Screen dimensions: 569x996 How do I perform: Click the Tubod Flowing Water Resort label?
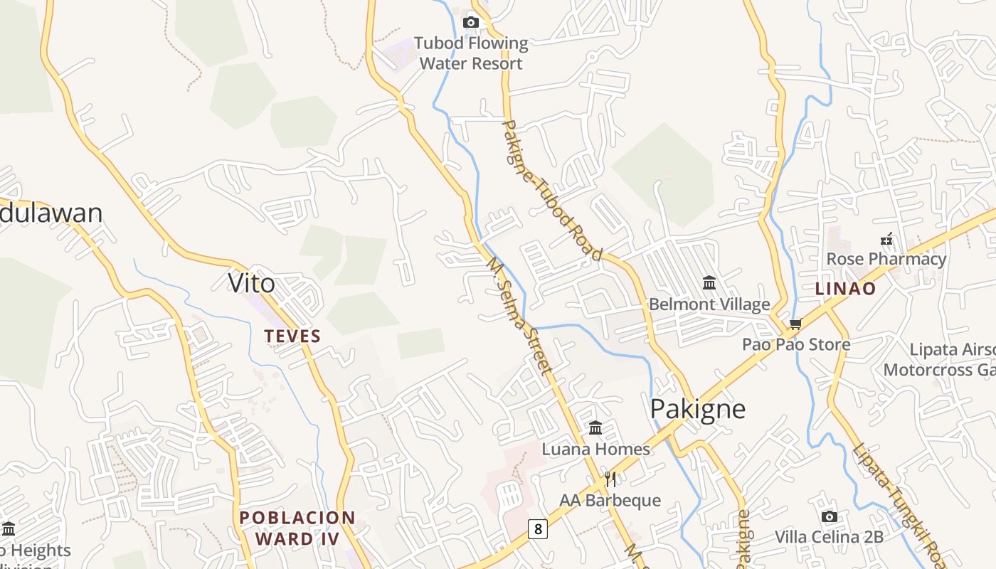(x=471, y=53)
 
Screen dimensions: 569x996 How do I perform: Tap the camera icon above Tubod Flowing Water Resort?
(x=471, y=23)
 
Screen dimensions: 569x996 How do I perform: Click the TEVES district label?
(x=292, y=336)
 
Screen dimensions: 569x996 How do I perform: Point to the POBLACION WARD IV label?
(x=297, y=528)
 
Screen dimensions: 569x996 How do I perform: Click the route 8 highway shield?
(x=538, y=528)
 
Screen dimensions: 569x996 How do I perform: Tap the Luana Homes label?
(x=595, y=449)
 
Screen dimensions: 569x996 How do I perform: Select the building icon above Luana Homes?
(x=595, y=427)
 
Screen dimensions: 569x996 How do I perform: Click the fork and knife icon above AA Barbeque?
(x=610, y=479)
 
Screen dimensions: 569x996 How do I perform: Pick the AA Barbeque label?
(x=610, y=500)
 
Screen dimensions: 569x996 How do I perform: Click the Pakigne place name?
(x=698, y=409)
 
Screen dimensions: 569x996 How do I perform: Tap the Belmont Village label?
(x=709, y=304)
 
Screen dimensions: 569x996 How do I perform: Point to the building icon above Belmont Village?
(x=709, y=283)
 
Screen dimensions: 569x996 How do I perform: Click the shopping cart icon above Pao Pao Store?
(x=795, y=324)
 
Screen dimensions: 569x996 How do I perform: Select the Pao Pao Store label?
(x=796, y=345)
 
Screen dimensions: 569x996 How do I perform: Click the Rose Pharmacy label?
(x=886, y=259)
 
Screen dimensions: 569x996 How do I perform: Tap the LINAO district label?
(x=845, y=289)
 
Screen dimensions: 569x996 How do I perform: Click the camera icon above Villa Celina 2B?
(x=829, y=516)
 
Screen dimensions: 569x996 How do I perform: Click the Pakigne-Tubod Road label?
(x=552, y=191)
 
